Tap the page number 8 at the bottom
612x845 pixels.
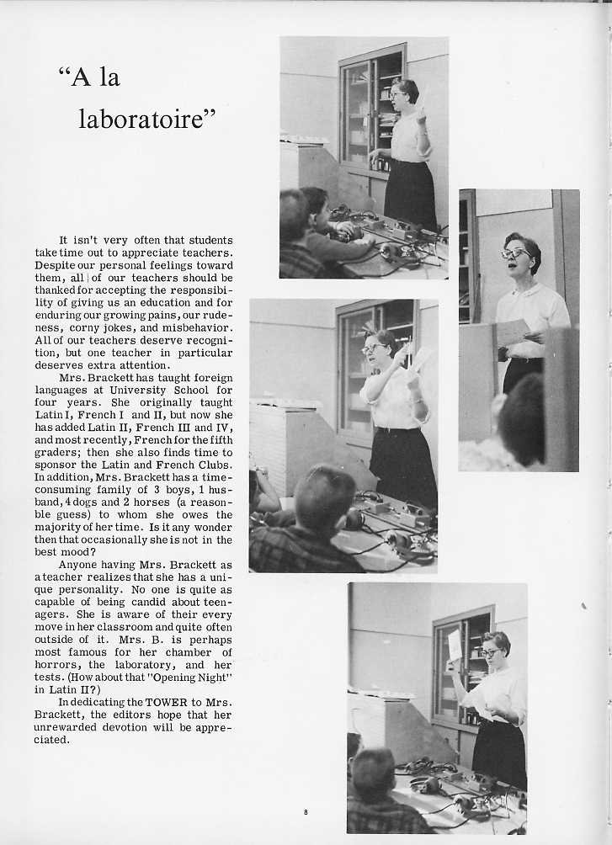pos(306,811)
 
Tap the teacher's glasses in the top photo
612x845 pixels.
pos(397,94)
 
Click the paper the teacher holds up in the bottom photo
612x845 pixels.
pos(455,645)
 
